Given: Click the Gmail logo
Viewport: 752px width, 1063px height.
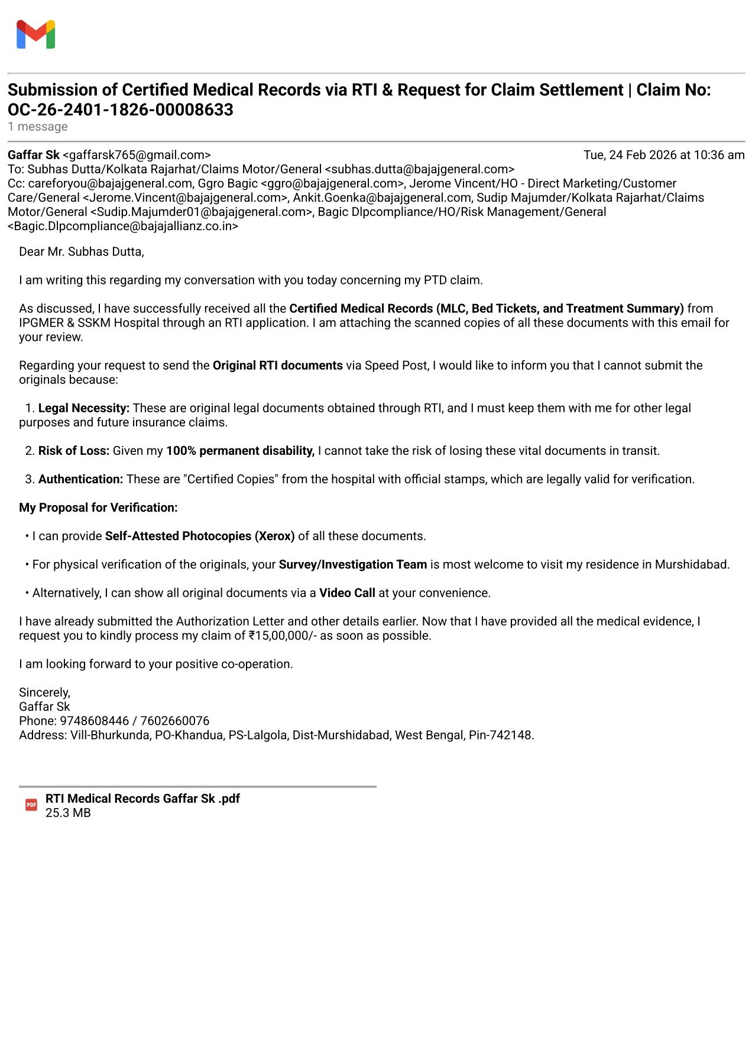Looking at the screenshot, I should coord(35,34).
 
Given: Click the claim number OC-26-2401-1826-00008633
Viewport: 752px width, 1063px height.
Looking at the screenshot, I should coord(121,110).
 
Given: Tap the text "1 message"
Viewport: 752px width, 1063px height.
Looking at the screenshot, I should coord(38,127).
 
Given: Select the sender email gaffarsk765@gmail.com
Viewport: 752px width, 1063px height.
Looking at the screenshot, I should coord(137,155).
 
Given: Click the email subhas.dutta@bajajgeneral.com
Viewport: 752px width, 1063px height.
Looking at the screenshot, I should coord(420,169).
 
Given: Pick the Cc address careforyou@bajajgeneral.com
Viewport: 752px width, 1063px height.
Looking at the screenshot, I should coord(110,183).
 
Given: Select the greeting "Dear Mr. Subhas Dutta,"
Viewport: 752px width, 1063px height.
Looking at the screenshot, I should coord(82,252).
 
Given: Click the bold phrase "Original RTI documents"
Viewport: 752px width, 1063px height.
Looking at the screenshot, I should coord(278,366).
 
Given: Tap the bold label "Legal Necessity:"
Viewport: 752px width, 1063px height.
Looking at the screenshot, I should coord(84,408).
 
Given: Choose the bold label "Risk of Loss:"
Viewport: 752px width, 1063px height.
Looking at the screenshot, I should coord(74,451).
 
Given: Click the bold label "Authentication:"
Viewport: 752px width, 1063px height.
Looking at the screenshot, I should coord(81,479).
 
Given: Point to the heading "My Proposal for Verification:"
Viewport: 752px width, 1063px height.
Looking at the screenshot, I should coord(98,508).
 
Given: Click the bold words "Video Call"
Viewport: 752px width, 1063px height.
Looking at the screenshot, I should coord(347,593).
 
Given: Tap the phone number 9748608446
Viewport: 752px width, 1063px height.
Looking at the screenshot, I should coord(95,720).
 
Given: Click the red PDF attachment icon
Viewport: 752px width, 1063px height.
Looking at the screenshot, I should coord(31,804).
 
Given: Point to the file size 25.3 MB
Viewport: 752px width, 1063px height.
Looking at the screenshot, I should coord(68,813).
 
